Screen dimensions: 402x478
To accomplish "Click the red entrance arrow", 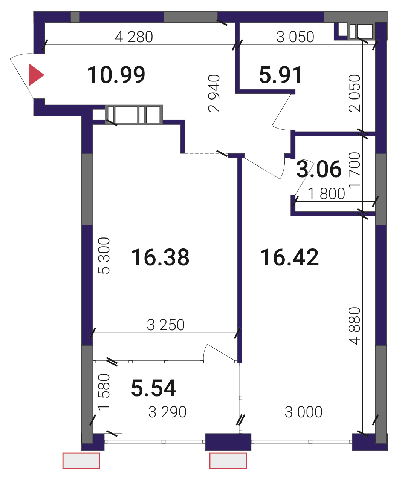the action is pos(36,75).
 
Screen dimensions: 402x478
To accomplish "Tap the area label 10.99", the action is pos(116,75).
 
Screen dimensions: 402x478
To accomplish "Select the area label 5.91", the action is pos(281,75).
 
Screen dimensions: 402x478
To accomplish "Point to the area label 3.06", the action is pos(319,169).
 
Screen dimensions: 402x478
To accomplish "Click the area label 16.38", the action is pos(160,257).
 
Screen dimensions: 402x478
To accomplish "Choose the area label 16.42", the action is pos(289,257).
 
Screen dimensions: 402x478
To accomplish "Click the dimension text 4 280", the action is pos(134,37).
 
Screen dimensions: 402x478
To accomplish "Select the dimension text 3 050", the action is pos(295,37).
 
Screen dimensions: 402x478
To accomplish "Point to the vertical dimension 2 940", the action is pos(214,93).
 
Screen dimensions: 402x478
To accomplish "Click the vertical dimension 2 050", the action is pos(355,93).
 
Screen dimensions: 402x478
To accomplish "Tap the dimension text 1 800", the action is pos(327,194).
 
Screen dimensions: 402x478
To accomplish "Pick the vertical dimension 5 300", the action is pos(104,256).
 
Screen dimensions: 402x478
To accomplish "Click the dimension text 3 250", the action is pos(166,325).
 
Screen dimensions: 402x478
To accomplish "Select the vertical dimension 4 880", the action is pos(355,326).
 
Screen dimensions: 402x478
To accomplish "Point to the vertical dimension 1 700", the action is pos(355,170).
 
